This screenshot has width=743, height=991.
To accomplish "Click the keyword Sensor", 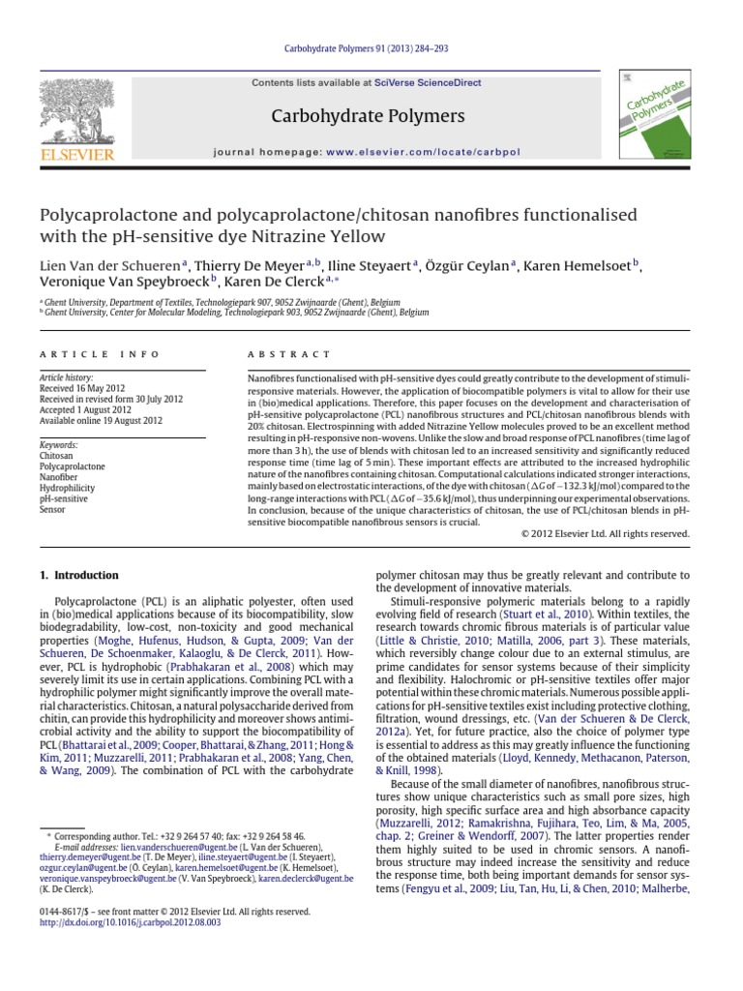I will point(51,508).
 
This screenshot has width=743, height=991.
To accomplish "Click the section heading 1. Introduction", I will point(79,575).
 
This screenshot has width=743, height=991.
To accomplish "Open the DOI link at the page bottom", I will point(131,923).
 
